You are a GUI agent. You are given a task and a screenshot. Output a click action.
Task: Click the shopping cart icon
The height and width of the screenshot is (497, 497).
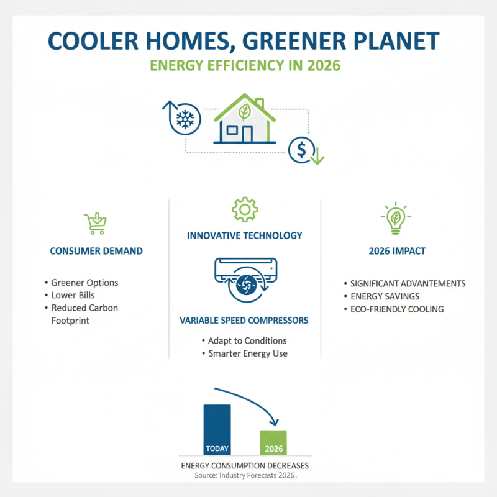tap(94, 223)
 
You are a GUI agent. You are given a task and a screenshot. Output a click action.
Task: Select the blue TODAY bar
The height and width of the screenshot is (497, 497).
tap(217, 429)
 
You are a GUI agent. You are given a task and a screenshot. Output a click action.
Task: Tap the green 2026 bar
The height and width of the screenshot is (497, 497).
tap(273, 442)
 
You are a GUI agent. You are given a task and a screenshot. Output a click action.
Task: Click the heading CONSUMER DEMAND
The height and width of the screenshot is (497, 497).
tap(96, 252)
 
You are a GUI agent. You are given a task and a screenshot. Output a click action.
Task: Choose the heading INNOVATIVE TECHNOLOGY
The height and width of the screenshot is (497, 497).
tap(245, 235)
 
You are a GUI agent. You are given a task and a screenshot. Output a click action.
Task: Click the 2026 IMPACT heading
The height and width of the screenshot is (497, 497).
tap(396, 252)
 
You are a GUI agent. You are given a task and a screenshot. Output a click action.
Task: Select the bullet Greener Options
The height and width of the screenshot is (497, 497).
tap(85, 283)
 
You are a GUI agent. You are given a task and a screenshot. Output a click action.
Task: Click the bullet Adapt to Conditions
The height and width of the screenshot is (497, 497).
tap(247, 341)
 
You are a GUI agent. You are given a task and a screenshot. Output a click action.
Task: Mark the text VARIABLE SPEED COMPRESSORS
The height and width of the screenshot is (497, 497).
tap(244, 321)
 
